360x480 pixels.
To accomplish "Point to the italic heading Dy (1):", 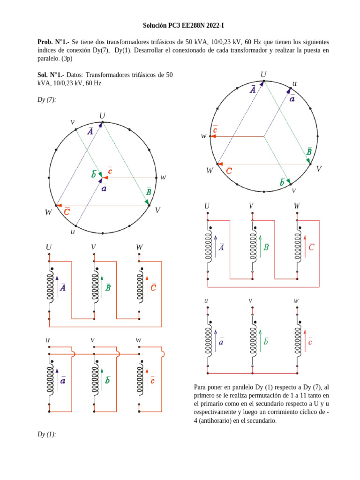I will pyautogui.click(x=46, y=434).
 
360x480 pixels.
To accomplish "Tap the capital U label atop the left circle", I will pyautogui.click(x=102, y=115).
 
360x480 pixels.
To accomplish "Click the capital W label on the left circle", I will pyautogui.click(x=48, y=212).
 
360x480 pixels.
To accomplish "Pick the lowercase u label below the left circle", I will pyautogui.click(x=73, y=232).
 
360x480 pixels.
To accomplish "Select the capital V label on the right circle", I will pyautogui.click(x=319, y=169).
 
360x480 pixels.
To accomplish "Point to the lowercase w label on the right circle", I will pyautogui.click(x=203, y=136).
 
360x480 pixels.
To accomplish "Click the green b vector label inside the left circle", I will pyautogui.click(x=94, y=174).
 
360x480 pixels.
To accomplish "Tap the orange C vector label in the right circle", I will pyautogui.click(x=229, y=171).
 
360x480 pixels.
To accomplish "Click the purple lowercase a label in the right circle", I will pyautogui.click(x=292, y=99).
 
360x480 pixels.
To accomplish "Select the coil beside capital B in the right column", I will pyautogui.click(x=253, y=247).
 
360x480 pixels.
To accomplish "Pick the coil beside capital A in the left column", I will pyautogui.click(x=49, y=288).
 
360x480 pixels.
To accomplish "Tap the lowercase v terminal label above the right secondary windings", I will pyautogui.click(x=251, y=300).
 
